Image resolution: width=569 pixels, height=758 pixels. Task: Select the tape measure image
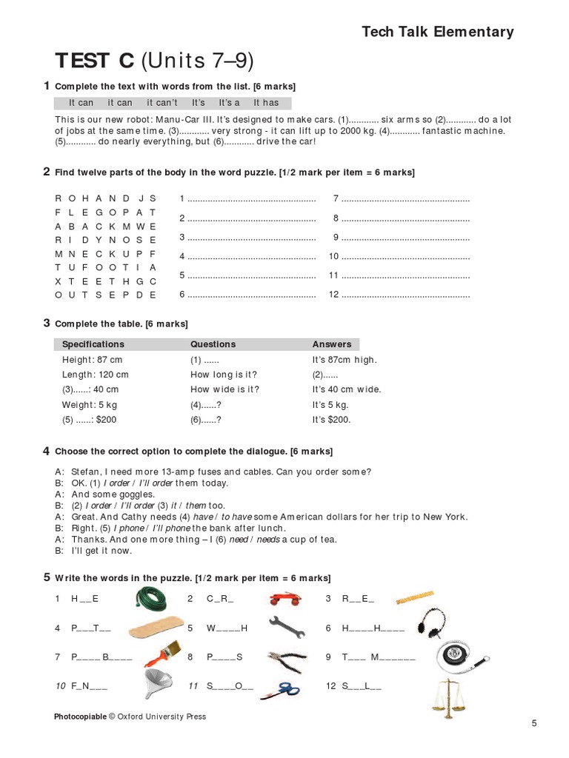(453, 654)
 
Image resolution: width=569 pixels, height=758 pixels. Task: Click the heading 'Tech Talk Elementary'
(437, 31)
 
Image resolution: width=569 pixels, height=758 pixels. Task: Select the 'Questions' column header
(213, 344)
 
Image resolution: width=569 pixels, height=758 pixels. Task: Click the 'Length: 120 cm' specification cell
(95, 375)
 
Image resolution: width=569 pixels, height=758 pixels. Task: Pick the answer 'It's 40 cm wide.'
(346, 389)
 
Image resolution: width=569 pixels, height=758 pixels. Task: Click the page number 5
(533, 723)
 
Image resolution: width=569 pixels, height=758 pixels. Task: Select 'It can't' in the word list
(162, 103)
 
